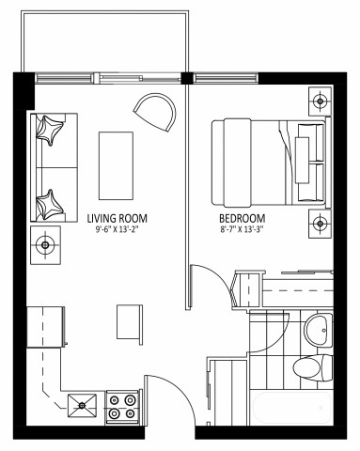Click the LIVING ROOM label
click(x=117, y=216)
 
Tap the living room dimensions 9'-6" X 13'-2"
click(x=117, y=228)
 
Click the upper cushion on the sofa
click(x=50, y=132)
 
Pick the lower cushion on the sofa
click(x=50, y=202)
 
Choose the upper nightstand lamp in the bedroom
click(x=321, y=99)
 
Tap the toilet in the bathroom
click(x=307, y=367)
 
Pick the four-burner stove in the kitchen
click(x=123, y=406)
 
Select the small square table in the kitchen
click(x=129, y=322)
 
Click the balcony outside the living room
click(x=103, y=42)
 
